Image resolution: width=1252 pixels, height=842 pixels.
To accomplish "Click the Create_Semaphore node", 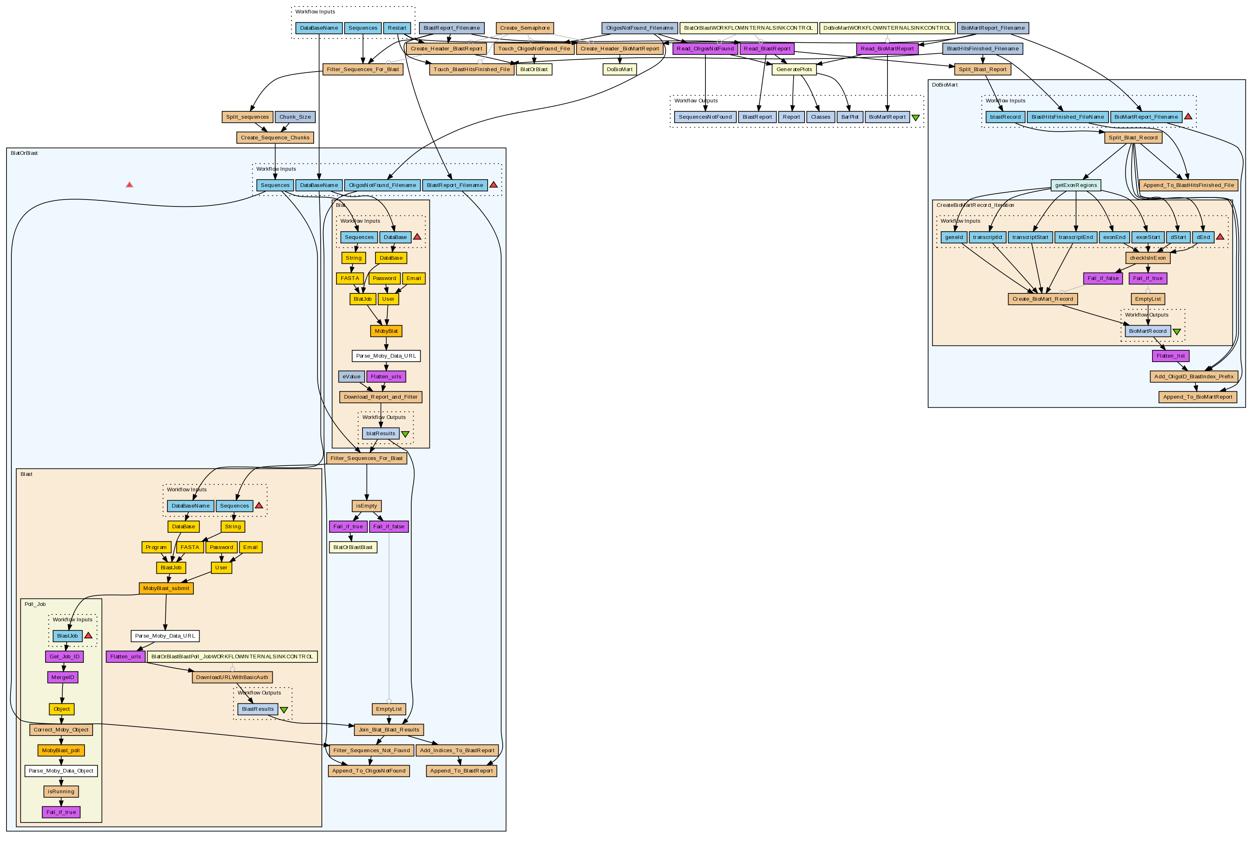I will tap(524, 28).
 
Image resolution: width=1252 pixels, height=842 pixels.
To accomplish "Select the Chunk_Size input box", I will tap(295, 117).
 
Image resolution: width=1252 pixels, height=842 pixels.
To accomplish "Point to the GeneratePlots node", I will tap(794, 69).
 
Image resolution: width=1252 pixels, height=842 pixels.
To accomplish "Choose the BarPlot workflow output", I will tap(849, 117).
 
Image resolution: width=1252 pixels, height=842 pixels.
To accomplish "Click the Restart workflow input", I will tap(397, 28).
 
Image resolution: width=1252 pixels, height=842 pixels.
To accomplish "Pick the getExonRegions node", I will tap(1075, 185).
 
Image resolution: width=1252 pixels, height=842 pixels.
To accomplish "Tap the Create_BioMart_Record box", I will tap(1042, 299).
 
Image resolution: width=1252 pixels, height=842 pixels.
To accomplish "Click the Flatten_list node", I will tap(1170, 356).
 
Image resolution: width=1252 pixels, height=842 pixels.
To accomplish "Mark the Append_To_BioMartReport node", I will tap(1197, 397).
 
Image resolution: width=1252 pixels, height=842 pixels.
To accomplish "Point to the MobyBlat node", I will tap(386, 331).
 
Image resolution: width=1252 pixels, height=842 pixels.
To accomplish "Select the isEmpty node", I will tap(367, 506).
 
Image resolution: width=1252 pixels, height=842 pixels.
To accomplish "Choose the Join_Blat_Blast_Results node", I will tap(389, 730).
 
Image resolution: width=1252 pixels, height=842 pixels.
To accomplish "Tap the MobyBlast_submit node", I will tap(166, 588).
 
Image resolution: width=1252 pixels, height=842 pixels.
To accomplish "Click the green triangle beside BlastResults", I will tap(284, 710).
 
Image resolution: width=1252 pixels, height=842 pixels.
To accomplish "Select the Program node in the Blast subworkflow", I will tap(156, 548).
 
